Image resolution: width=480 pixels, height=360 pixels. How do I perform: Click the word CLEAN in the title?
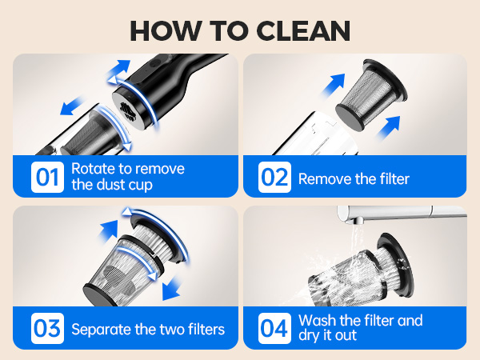point(303,31)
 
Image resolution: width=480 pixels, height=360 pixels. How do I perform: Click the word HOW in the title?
point(166,31)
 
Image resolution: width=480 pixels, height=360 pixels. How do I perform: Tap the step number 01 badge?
point(47,178)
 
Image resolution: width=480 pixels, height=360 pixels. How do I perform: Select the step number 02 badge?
point(274,178)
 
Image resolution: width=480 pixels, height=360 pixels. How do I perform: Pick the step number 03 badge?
point(47,329)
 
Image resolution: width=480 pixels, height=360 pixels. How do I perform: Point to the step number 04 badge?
point(274,329)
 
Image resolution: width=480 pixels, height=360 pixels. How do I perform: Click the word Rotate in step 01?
point(94,169)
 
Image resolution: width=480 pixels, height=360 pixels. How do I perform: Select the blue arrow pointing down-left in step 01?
point(71,106)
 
